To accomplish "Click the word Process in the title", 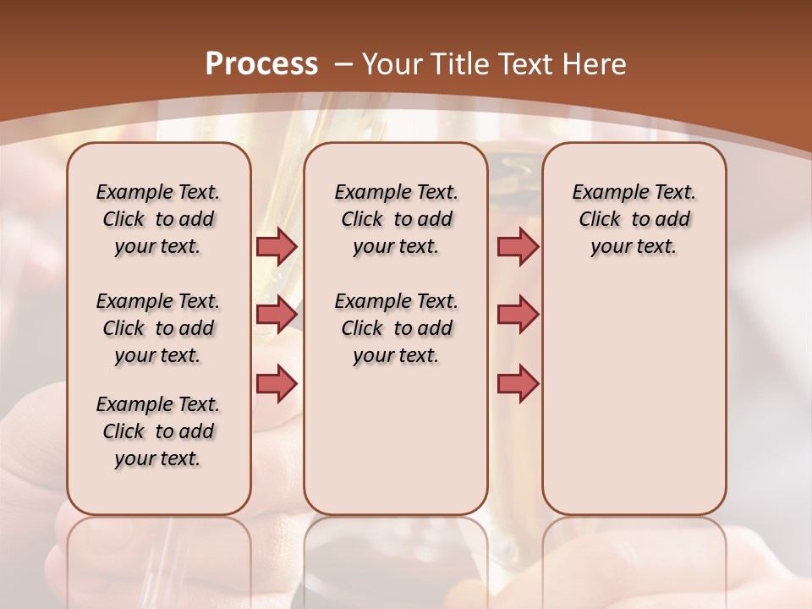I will (x=261, y=64).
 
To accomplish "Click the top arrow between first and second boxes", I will (x=277, y=247).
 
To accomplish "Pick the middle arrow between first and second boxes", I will (x=277, y=315).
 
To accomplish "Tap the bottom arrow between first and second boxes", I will (x=277, y=383).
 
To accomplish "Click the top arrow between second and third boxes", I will (x=518, y=247).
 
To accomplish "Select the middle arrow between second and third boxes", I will (x=518, y=315).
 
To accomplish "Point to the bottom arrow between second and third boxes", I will (x=518, y=383).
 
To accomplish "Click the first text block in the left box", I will (x=158, y=219).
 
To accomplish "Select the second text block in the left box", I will (x=158, y=328).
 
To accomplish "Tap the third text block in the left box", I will (x=158, y=431).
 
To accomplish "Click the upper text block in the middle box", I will (x=396, y=219).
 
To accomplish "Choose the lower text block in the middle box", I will (x=396, y=328).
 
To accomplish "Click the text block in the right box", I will (x=634, y=219).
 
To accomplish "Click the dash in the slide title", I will (x=343, y=64).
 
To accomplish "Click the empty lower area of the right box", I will (x=634, y=398).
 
